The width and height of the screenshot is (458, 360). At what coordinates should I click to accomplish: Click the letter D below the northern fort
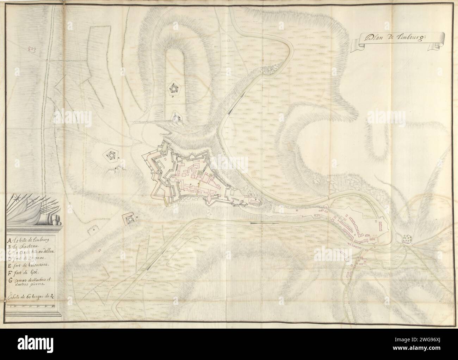tap(173, 96)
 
